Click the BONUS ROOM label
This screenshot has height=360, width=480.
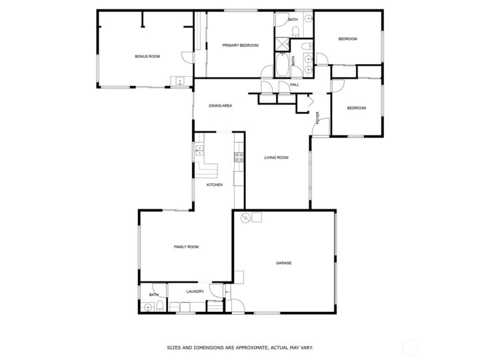point(147,57)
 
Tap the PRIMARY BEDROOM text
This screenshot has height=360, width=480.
point(240,45)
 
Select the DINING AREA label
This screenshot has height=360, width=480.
point(220,106)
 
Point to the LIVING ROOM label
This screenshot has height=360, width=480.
point(276,157)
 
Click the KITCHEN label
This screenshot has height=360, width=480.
point(214,185)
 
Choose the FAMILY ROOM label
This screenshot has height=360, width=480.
point(186,247)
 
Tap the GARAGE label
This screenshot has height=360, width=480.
point(284,263)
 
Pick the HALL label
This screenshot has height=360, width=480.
point(294,85)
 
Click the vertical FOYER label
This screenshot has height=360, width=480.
point(318,117)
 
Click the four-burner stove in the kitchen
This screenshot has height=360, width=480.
point(239,157)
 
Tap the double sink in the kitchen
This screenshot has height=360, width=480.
point(199,153)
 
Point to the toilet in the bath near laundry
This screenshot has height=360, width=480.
point(161,306)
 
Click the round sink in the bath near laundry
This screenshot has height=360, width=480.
point(147,307)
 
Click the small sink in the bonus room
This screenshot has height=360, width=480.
point(178,81)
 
